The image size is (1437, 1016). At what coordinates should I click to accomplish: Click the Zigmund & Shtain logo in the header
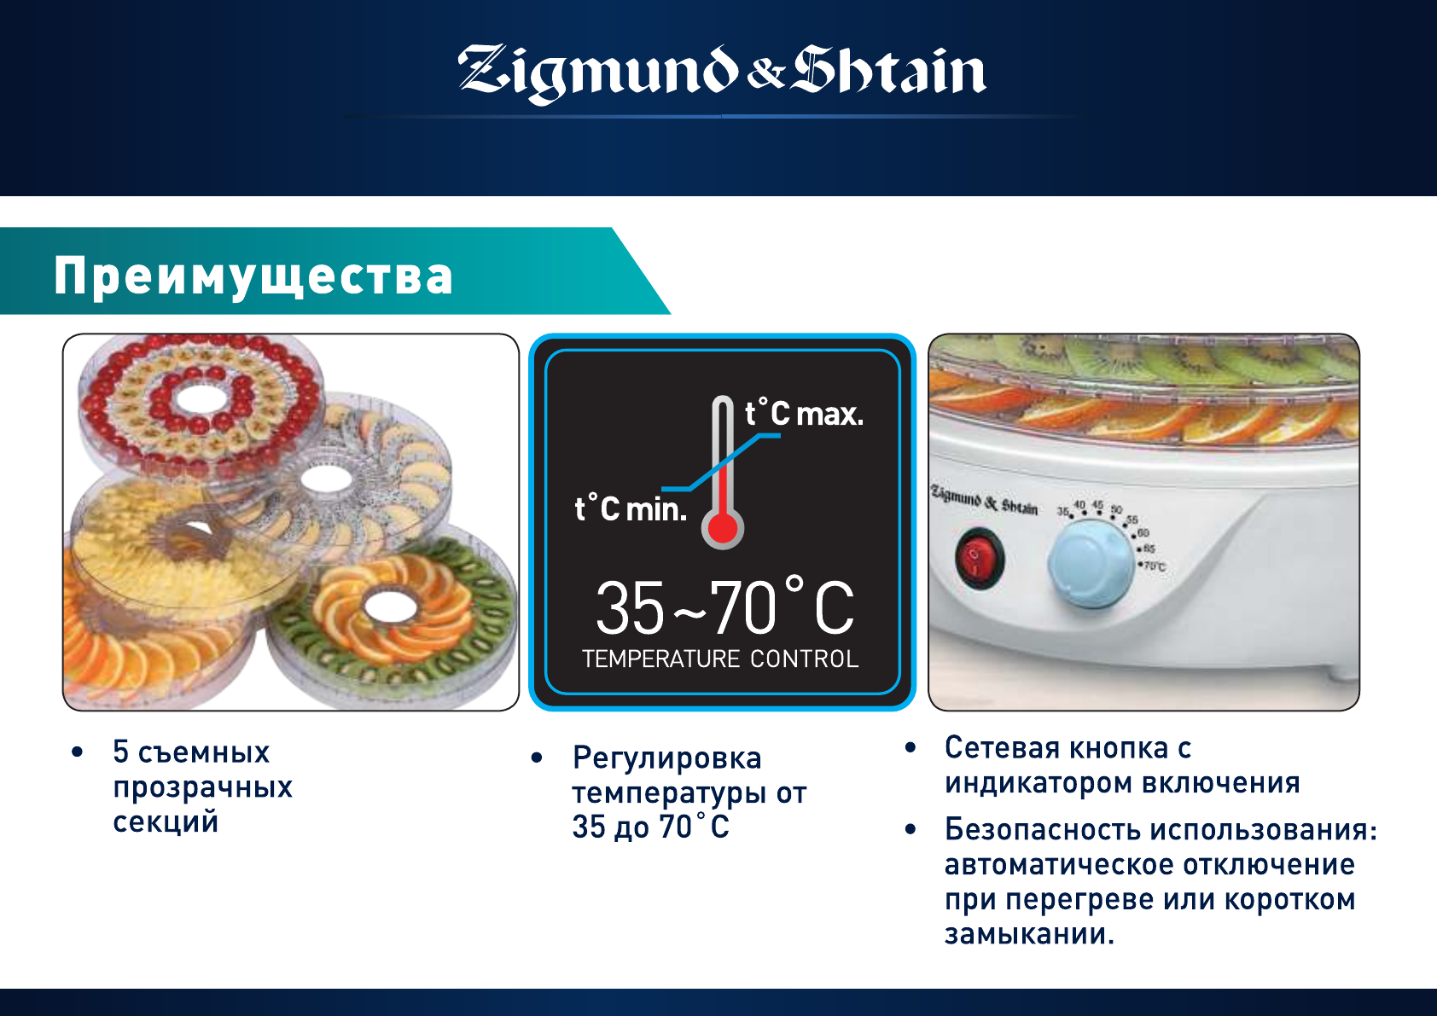722,73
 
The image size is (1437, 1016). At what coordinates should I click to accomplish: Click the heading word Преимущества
253,276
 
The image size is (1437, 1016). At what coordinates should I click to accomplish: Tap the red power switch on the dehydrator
977,558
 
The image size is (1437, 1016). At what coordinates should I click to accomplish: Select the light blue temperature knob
1091,565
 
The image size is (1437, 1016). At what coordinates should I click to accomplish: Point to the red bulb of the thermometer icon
723,529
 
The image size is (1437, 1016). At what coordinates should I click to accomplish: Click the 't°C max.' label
804,413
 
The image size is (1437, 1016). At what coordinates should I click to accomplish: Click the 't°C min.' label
631,509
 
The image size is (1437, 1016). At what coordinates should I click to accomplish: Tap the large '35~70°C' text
725,607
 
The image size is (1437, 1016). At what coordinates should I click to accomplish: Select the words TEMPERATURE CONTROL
720,659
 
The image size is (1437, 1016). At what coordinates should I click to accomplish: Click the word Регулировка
667,758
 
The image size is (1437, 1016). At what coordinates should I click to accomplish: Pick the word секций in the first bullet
166,822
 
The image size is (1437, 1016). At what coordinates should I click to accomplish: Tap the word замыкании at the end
1029,934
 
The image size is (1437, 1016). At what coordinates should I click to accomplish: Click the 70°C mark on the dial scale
1154,566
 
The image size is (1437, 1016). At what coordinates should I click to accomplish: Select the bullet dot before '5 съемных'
78,752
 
